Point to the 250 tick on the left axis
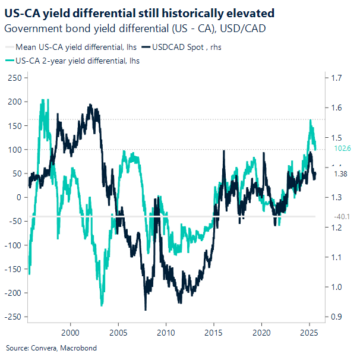pyautogui.click(x=14, y=78)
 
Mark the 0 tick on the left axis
pyautogui.click(x=19, y=197)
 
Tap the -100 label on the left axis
pyautogui.click(x=12, y=245)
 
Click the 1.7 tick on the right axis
pyautogui.click(x=336, y=78)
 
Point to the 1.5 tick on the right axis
pyautogui.click(x=336, y=138)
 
